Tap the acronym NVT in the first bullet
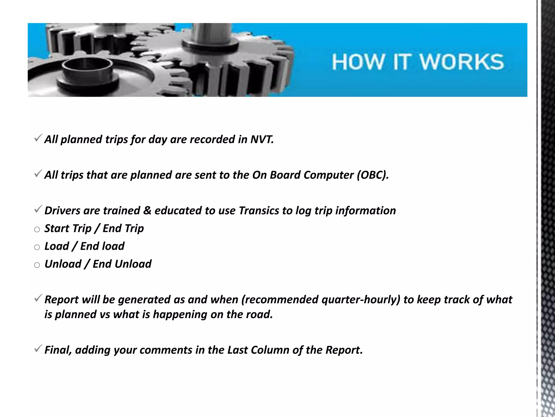coord(262,139)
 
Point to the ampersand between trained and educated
coord(147,211)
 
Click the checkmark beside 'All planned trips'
coord(38,139)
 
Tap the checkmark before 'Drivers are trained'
coord(38,210)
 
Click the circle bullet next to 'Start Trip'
coord(37,230)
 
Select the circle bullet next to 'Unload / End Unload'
coord(37,265)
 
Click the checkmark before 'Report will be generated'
coord(38,299)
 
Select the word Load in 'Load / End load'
coord(57,246)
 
